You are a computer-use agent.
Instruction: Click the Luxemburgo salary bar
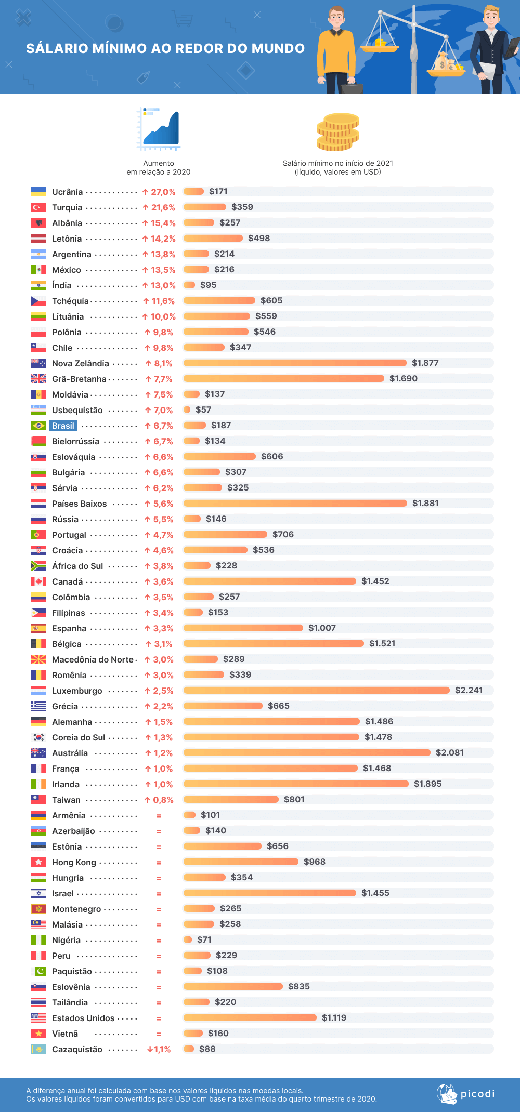316,690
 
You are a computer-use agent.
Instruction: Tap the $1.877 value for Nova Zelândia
425,363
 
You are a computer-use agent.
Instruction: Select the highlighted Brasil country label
63,426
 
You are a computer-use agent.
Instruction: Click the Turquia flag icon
38,207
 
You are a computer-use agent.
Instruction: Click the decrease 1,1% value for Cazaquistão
159,1049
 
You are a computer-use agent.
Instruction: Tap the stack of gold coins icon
338,132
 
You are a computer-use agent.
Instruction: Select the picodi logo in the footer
466,1094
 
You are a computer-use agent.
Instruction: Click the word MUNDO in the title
278,48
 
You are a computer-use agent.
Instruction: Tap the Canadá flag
38,581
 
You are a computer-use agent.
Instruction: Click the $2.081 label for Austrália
449,752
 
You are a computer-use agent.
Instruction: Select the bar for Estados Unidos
250,1017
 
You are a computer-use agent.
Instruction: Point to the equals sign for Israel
159,894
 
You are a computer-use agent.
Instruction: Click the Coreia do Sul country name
79,737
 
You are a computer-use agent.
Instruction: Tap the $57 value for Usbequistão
203,409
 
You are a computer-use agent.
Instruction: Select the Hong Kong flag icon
38,862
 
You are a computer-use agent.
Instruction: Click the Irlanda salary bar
295,784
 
